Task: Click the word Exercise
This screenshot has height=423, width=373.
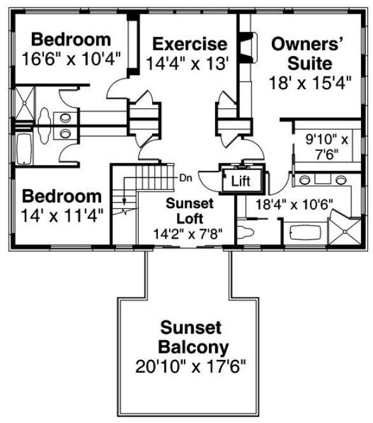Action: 190,44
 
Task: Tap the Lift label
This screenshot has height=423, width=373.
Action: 241,181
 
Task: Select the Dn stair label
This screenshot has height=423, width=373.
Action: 186,177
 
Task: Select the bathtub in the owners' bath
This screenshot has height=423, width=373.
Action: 303,232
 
